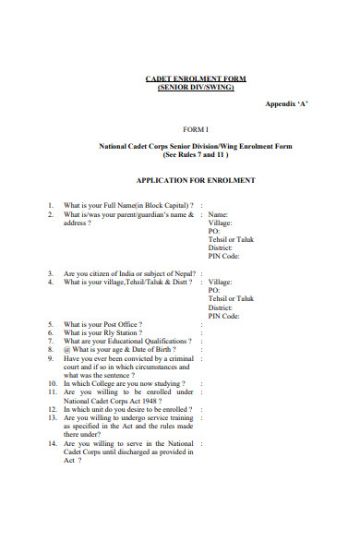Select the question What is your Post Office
(x=102, y=325)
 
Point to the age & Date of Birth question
(x=120, y=350)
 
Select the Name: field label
(x=219, y=214)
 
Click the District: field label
(x=221, y=248)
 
